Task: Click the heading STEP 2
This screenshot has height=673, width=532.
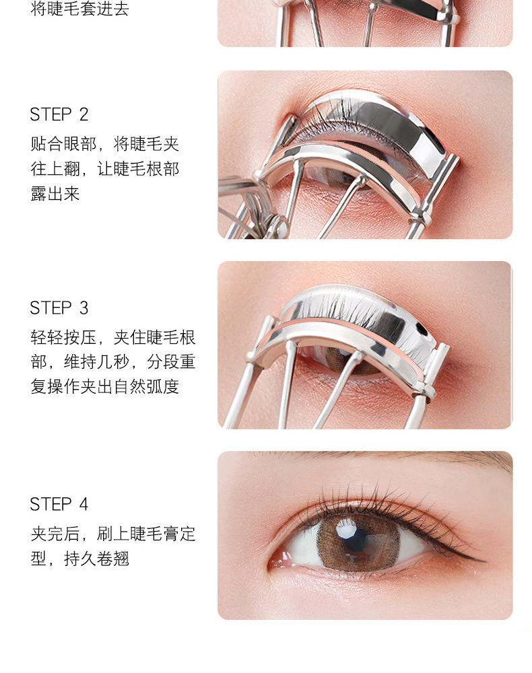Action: [x=59, y=114]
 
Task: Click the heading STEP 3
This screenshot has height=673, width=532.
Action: [x=59, y=308]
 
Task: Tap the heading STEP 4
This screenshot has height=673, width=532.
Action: [x=59, y=504]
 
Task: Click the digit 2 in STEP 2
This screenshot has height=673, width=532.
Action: [x=84, y=114]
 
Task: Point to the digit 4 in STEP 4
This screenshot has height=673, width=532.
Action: [x=84, y=504]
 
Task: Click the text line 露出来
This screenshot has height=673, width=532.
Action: [x=55, y=194]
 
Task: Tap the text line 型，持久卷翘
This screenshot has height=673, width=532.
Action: [x=80, y=559]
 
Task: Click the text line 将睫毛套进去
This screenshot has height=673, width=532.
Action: [x=80, y=9]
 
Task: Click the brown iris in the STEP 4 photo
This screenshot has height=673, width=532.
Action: [x=358, y=542]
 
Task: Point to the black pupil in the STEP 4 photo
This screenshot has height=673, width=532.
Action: [x=356, y=540]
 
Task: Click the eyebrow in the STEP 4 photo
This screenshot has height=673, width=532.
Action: [x=387, y=458]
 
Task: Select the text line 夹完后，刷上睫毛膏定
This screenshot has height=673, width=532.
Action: [x=113, y=534]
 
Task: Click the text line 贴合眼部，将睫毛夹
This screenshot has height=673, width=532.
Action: [x=105, y=144]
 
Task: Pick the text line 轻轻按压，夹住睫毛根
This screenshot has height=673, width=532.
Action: [x=113, y=337]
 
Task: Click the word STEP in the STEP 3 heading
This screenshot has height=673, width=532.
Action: [x=51, y=308]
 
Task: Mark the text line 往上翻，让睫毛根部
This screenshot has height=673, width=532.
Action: [x=105, y=169]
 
